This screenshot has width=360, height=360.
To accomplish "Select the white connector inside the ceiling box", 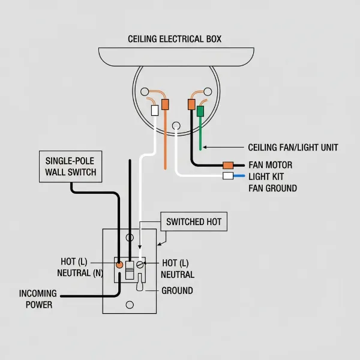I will (154, 110).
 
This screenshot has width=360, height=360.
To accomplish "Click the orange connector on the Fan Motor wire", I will (228, 165).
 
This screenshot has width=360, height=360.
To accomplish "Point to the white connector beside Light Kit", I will (227, 176).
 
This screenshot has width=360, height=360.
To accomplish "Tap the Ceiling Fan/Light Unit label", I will (293, 147).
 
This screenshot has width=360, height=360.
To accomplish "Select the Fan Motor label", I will (270, 165).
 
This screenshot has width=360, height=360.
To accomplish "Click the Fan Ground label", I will (272, 188).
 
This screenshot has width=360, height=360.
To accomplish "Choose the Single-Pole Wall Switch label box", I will (71, 167).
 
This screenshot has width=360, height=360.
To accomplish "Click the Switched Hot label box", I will (194, 222).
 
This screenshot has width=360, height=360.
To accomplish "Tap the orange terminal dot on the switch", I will (119, 264).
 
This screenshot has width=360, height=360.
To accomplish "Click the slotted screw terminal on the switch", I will (140, 264).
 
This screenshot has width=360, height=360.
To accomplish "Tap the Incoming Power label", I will (38, 299).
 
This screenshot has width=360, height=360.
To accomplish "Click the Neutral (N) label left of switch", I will (80, 274).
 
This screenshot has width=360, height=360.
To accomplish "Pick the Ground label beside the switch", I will (178, 290).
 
